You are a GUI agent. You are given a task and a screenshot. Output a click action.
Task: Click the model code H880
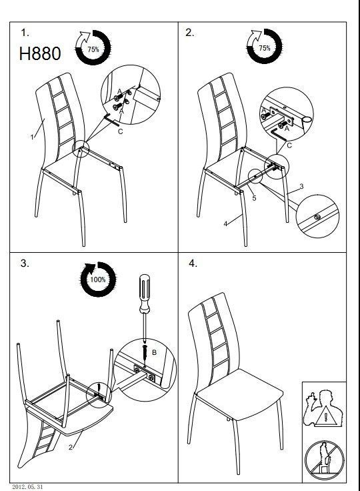(x=40, y=53)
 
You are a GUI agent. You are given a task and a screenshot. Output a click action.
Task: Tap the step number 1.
(x=25, y=33)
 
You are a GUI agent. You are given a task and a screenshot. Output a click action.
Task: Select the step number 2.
(x=190, y=33)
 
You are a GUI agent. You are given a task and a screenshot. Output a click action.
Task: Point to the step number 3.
(x=25, y=264)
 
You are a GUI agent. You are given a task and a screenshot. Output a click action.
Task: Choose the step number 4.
(x=193, y=264)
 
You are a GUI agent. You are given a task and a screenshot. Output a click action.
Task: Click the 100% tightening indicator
(x=98, y=279)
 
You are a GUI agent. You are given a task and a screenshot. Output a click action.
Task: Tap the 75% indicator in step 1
(x=93, y=47)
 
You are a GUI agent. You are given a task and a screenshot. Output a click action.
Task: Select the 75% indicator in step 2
(x=265, y=46)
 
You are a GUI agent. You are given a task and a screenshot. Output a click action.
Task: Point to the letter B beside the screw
(x=154, y=352)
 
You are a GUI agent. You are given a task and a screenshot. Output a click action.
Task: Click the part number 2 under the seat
(x=71, y=447)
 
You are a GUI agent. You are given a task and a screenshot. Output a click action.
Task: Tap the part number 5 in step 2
(x=254, y=198)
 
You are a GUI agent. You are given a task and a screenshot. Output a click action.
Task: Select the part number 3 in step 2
(x=301, y=186)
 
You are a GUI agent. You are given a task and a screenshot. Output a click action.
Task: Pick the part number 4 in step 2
(x=225, y=223)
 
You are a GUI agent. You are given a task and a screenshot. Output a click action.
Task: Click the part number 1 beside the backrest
(x=32, y=137)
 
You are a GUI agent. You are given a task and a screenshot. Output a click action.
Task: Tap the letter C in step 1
(x=120, y=131)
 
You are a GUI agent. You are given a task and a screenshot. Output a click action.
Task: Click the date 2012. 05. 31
(x=27, y=486)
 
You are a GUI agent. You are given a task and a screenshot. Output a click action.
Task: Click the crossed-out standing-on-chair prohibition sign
(x=324, y=460)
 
